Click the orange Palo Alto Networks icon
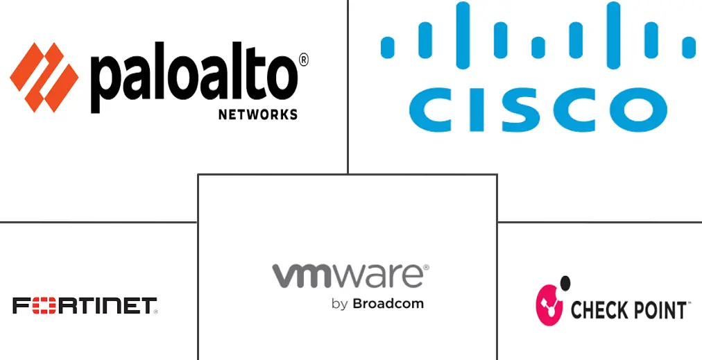coord(44,77)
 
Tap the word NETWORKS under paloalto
coord(258,114)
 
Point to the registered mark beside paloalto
coord(304,60)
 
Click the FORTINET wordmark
coord(85,305)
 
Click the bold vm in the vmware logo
coord(300,275)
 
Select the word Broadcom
coord(388,303)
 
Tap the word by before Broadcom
coord(339,304)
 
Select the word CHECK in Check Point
coord(597,309)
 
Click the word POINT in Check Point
coord(658,309)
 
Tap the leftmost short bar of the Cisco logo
coord(388,46)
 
